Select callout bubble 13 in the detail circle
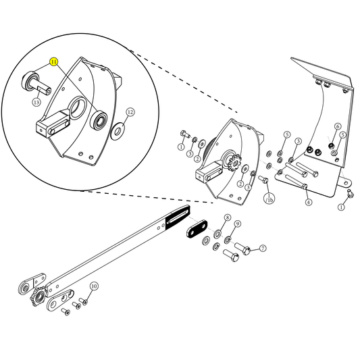(36, 102)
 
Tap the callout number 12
(130, 111)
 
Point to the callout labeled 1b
(269, 199)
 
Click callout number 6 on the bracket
(337, 126)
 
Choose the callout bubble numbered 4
(308, 202)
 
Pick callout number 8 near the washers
(228, 218)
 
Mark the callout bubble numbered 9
(238, 224)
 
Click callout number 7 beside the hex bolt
(262, 249)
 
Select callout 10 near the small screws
(94, 286)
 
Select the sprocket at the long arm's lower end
(38, 297)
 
